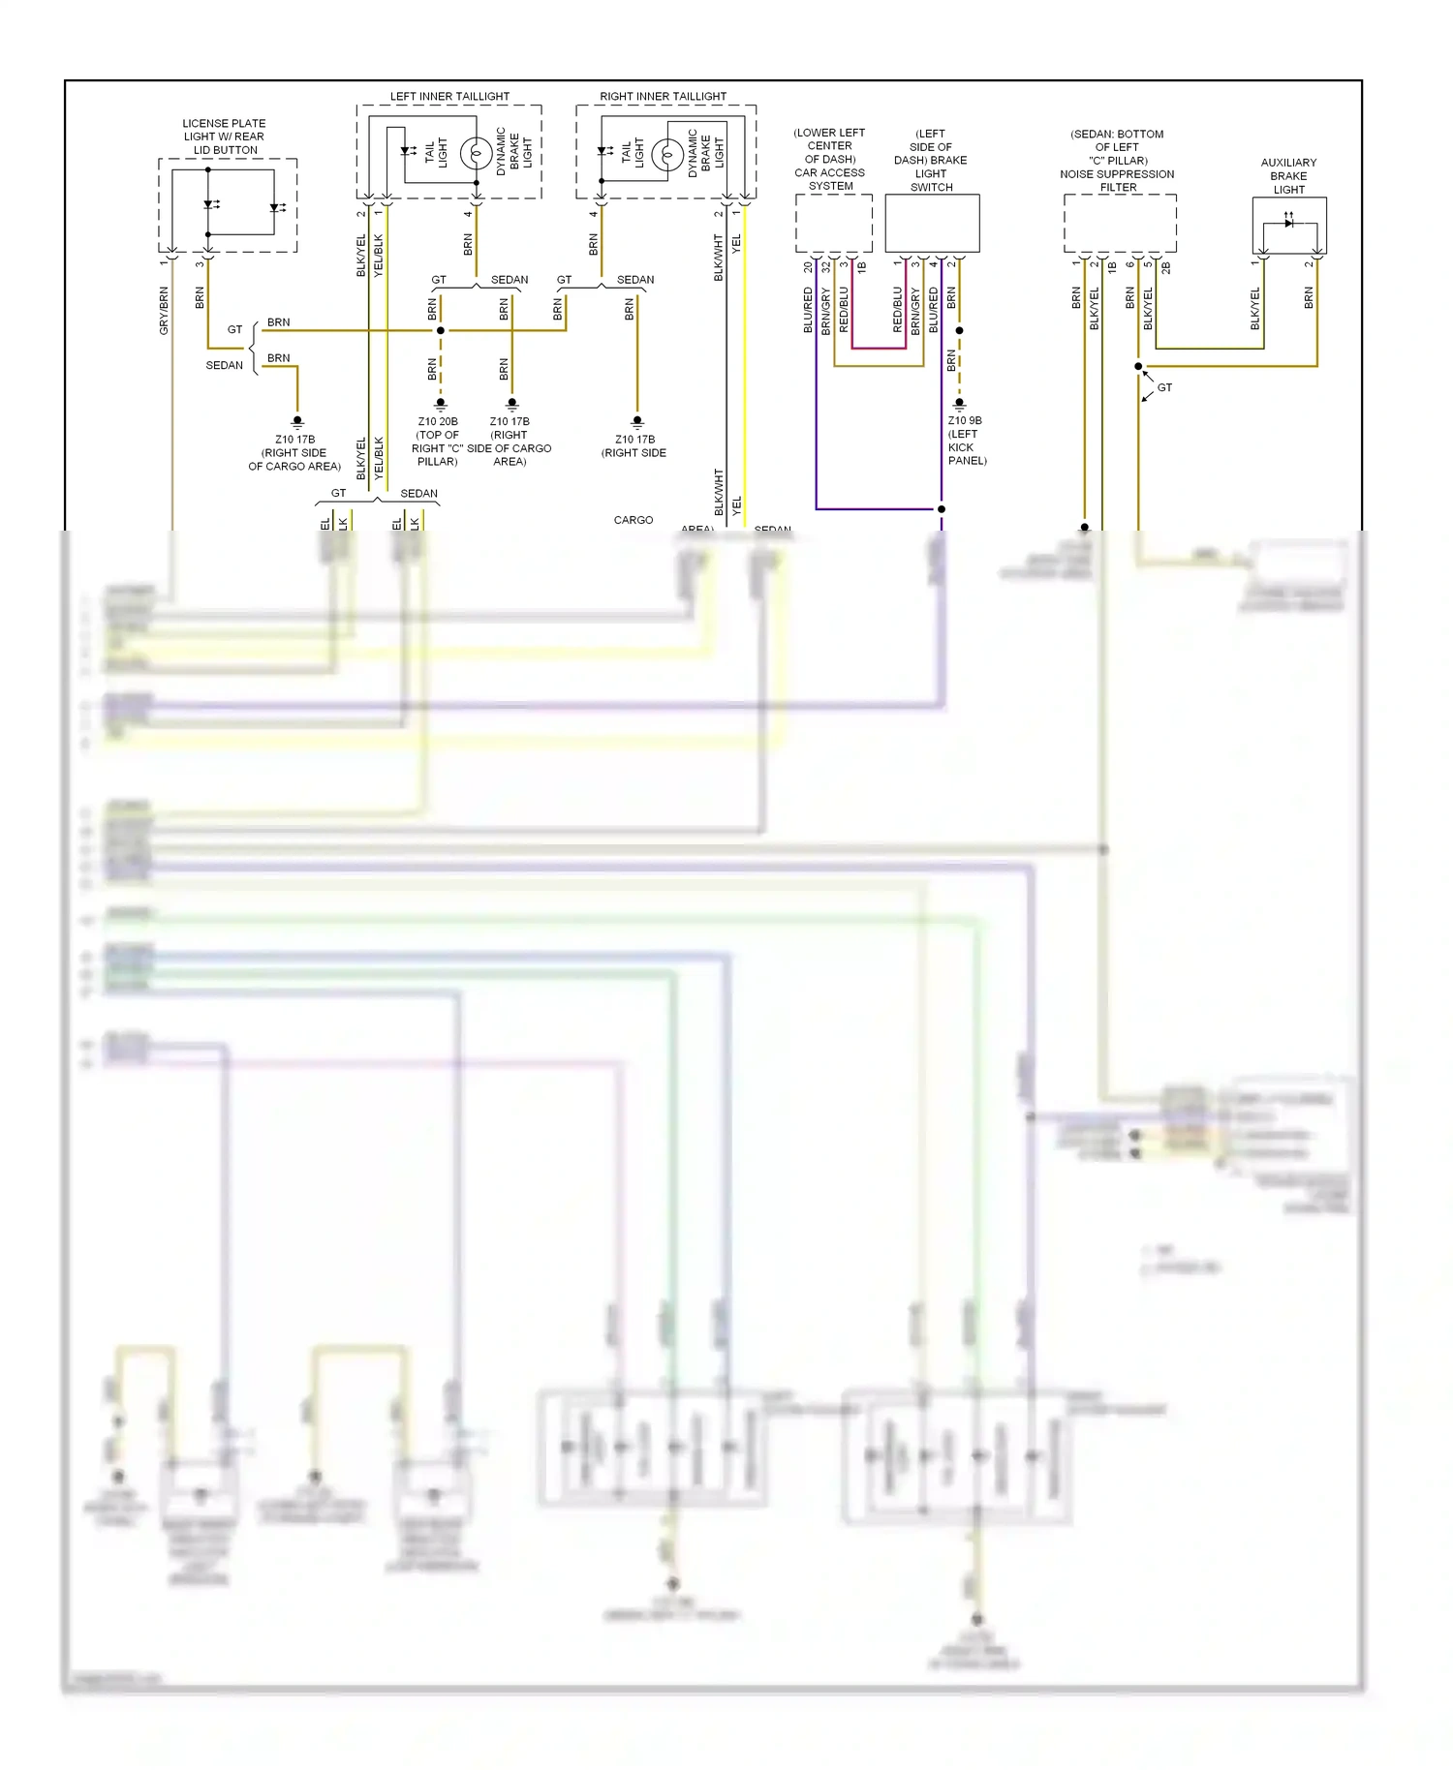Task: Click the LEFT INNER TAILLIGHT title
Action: tap(449, 97)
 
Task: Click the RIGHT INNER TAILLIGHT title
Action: tap(663, 97)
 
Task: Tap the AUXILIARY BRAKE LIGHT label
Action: tap(1288, 176)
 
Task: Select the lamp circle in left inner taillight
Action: tap(476, 154)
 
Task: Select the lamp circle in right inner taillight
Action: tap(667, 154)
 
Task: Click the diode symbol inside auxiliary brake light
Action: tap(1288, 223)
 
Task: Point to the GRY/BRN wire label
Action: tap(164, 310)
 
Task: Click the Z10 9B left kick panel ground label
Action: tap(966, 441)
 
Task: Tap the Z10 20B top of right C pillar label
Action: tap(438, 442)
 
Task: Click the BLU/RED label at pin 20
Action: tap(808, 310)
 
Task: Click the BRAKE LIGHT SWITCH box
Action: tap(932, 224)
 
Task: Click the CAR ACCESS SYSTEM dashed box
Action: tap(833, 224)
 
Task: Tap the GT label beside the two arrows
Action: tap(1164, 387)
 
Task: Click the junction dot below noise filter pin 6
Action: tap(1138, 366)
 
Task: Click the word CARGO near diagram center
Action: tap(634, 520)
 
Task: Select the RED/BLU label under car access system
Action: tap(844, 310)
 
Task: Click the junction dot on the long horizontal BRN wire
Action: tap(441, 330)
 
